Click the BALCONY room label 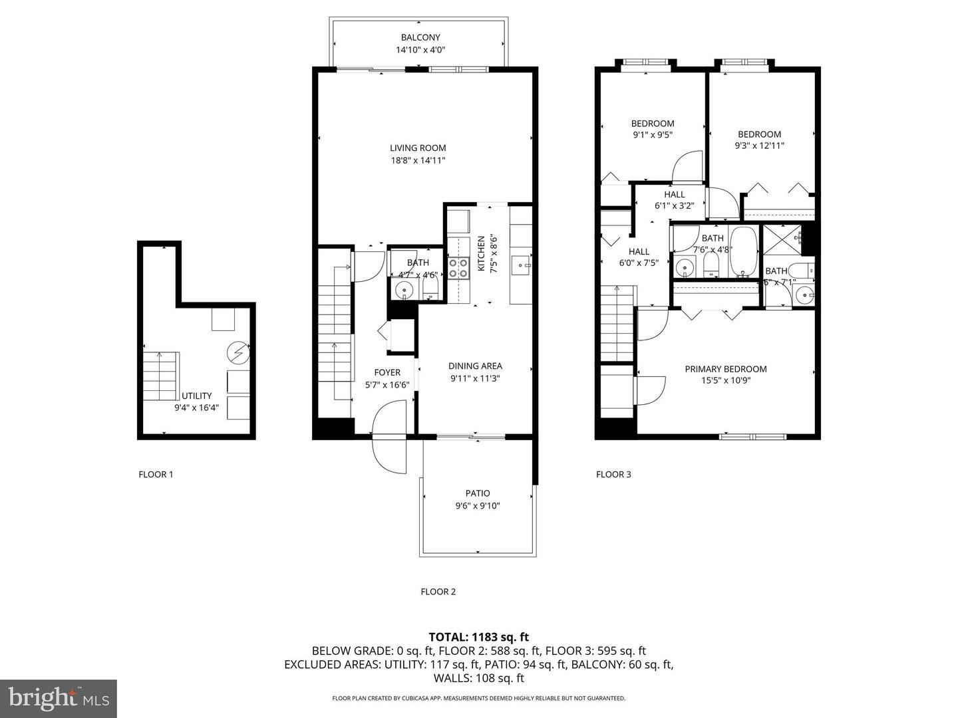420,38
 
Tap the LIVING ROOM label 418,148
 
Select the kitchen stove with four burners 457,267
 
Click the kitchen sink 520,266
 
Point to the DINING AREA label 475,366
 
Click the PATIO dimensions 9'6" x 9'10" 477,506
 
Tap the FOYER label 387,373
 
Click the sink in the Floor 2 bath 403,290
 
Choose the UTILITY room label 196,396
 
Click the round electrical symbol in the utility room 238,352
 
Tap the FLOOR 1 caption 156,475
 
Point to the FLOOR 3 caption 613,475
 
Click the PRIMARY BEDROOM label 726,370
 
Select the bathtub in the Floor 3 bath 743,253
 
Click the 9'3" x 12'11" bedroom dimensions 759,146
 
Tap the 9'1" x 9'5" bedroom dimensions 653,135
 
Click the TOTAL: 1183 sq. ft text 478,638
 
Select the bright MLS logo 59,698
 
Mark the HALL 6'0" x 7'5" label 639,257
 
